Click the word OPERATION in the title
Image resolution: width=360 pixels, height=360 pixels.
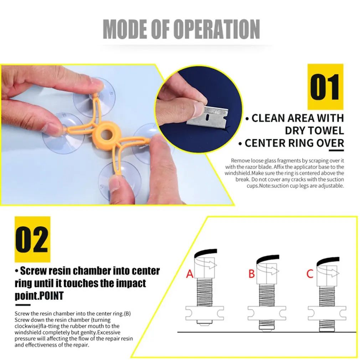click(x=216, y=29)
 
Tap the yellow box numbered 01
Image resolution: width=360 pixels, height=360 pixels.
click(x=325, y=87)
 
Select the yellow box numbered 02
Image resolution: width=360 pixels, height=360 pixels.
click(x=32, y=239)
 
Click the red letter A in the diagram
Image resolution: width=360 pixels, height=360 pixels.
click(x=190, y=274)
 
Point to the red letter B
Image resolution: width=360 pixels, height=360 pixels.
click(x=252, y=274)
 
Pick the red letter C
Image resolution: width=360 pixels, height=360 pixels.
click(x=310, y=274)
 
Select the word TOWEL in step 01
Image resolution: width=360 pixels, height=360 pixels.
click(x=314, y=131)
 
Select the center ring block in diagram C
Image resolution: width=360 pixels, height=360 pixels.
click(x=327, y=313)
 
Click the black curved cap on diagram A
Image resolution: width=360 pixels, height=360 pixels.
click(x=205, y=253)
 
